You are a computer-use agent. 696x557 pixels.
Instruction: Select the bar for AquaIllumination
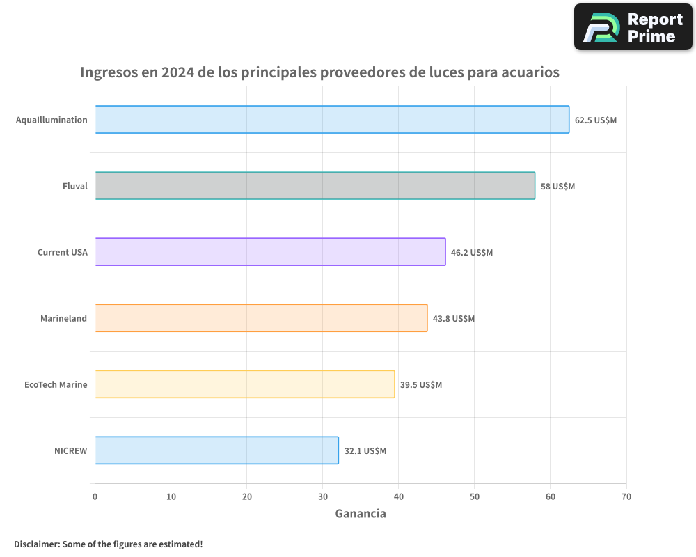(332, 120)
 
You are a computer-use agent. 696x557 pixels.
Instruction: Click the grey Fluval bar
(315, 186)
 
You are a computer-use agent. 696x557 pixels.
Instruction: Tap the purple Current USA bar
(270, 252)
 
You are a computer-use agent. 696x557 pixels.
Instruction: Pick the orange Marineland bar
(261, 318)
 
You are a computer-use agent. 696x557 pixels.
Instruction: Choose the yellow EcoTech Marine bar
(245, 384)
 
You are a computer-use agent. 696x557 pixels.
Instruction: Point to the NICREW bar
(216, 450)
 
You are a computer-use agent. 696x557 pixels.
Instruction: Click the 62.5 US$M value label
(596, 120)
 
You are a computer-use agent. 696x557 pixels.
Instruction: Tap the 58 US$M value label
(558, 186)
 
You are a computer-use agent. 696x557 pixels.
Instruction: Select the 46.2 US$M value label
(472, 252)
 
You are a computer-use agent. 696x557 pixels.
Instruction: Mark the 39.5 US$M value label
(421, 384)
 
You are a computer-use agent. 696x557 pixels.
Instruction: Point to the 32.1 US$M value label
(365, 450)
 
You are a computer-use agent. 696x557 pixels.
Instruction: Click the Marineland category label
(64, 318)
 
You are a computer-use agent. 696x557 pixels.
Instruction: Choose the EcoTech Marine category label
(56, 384)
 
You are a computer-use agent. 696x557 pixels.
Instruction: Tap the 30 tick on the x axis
(323, 496)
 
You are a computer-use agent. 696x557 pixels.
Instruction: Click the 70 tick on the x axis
(626, 496)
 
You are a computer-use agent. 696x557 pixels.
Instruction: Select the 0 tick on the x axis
(95, 496)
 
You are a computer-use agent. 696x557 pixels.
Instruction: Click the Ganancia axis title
(361, 514)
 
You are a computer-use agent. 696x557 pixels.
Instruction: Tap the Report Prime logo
(633, 27)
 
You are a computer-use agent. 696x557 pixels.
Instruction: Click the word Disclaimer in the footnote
(36, 544)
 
